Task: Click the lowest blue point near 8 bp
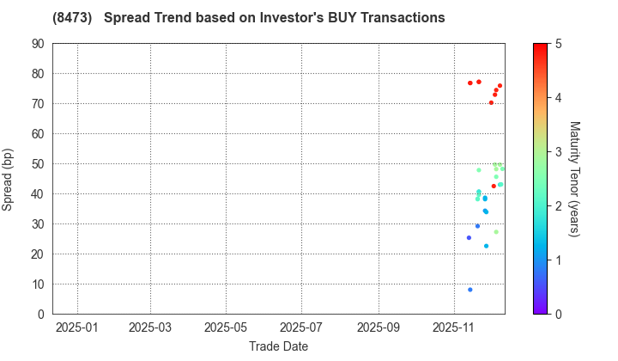[x=470, y=290]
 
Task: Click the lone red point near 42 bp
[x=494, y=187]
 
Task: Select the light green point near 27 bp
[x=496, y=232]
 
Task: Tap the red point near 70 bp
[x=491, y=103]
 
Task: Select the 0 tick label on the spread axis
[x=42, y=315]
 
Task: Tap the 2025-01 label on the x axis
[x=77, y=328]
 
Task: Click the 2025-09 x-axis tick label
[x=379, y=328]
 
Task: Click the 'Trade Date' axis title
[x=279, y=346]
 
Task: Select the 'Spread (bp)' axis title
[x=10, y=179]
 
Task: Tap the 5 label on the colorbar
[x=558, y=44]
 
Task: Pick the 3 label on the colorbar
[x=558, y=152]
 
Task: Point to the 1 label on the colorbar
[x=558, y=260]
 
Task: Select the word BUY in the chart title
[x=314, y=17]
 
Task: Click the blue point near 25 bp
[x=469, y=238]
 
